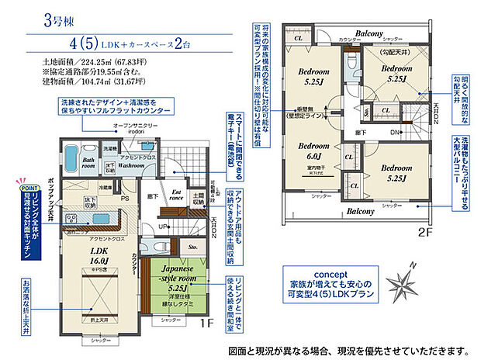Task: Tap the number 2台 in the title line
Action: pos(182,43)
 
